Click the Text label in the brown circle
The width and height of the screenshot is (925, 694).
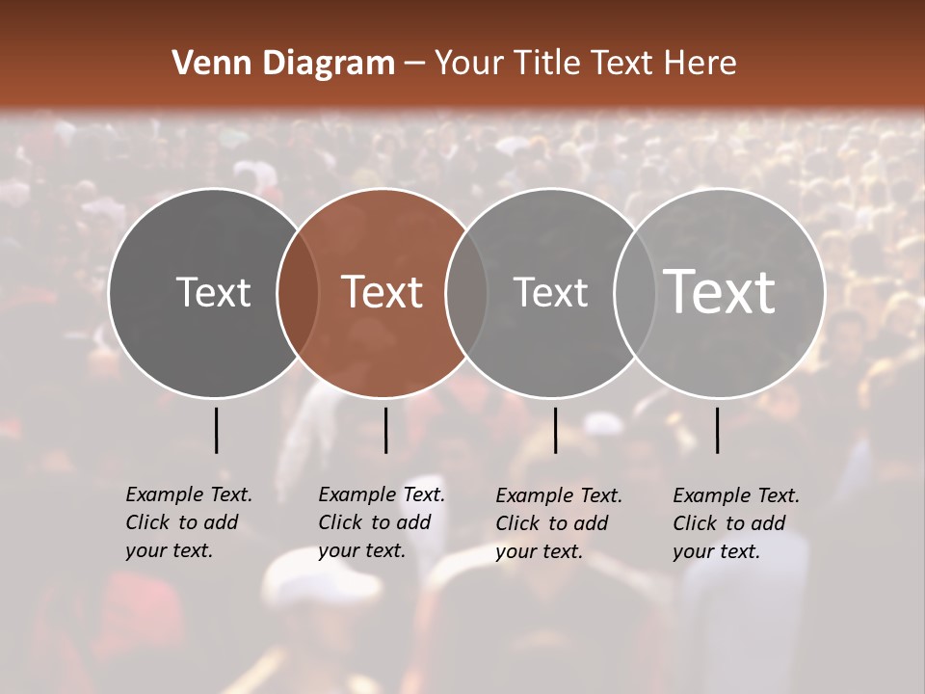point(383,291)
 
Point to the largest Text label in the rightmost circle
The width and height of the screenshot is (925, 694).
point(720,291)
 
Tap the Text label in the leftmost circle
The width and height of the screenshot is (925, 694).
point(213,291)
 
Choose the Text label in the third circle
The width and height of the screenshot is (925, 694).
point(550,291)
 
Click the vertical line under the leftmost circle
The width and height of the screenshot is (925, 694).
point(216,430)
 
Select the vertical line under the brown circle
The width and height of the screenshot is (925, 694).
point(385,430)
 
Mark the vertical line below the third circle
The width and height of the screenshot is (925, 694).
point(555,430)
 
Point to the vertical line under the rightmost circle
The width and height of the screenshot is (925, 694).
point(717,430)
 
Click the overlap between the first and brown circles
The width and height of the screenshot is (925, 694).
point(298,292)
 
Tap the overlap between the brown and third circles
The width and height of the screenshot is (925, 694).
point(466,292)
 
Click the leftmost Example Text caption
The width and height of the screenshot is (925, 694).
point(188,522)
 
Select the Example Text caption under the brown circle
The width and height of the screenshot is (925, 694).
point(381,522)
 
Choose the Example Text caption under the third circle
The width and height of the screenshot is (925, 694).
point(558,523)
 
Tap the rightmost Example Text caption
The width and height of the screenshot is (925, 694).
point(735,523)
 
